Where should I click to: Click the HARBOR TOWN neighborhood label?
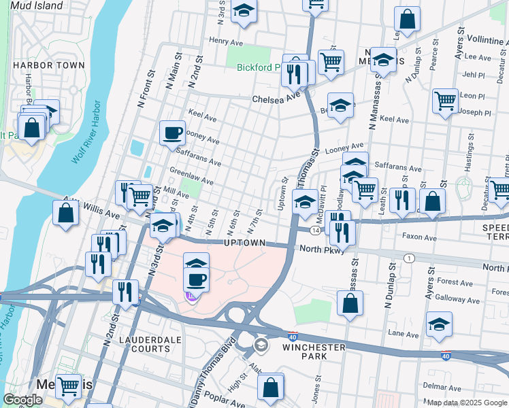[x=48, y=65]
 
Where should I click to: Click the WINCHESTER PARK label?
[x=314, y=347]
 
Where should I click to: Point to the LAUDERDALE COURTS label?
[x=144, y=343]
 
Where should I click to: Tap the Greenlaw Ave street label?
[x=191, y=177]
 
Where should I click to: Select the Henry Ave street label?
[x=221, y=41]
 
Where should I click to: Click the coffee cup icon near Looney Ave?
[x=173, y=132]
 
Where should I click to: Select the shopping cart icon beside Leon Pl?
[x=445, y=101]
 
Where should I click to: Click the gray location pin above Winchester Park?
[x=261, y=346]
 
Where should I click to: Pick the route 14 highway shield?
[x=317, y=231]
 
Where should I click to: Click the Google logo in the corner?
[x=23, y=400]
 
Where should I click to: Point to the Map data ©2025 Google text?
[x=466, y=403]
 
